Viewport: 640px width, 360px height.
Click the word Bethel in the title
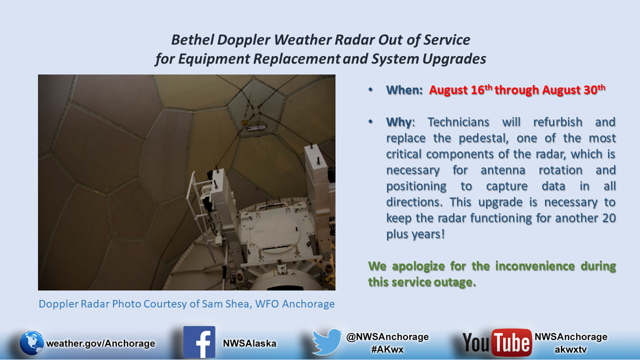coord(192,39)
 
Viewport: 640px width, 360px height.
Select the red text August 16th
coord(460,89)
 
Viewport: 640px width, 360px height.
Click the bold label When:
coord(404,90)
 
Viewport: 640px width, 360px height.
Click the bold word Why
coord(399,122)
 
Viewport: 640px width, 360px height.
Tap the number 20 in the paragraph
coord(608,218)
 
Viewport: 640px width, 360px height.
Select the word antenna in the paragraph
coord(503,170)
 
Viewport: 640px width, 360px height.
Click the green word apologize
coord(418,266)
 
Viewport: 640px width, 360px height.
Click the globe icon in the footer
coord(31,343)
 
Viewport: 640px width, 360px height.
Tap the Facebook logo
coord(199,342)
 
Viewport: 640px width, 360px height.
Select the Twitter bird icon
coord(327,341)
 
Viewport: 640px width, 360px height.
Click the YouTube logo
coord(497,342)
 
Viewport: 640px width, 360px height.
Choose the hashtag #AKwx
coord(387,349)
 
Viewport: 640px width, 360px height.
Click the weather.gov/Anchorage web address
coord(100,343)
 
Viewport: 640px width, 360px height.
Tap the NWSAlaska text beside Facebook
coord(249,343)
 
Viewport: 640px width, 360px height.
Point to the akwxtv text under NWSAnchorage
coord(570,349)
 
